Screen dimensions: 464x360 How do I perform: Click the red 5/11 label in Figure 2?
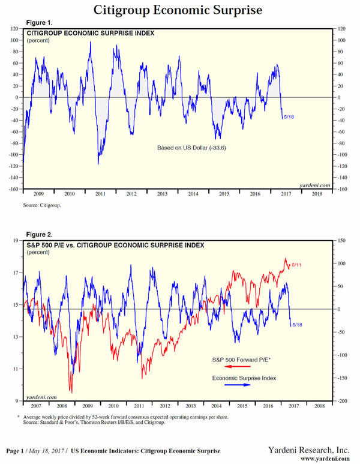[x=297, y=265]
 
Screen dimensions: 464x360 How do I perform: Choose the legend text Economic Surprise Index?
[x=241, y=378]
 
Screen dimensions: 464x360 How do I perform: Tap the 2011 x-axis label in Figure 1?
[x=100, y=194]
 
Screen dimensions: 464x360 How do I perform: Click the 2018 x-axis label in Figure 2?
[x=320, y=407]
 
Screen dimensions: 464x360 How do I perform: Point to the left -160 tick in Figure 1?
[x=14, y=189]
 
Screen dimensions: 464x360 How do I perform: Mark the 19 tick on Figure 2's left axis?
[x=16, y=241]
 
